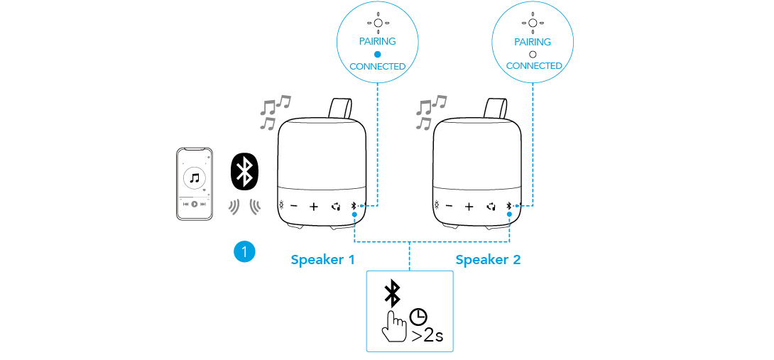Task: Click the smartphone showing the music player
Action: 195,184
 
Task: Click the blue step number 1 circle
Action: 244,251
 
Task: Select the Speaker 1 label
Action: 322,260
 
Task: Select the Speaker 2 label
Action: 488,260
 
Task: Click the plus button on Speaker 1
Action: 314,207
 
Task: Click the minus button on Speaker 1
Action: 295,207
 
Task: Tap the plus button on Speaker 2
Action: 469,207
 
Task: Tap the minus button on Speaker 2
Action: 449,207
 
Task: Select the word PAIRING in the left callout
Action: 377,42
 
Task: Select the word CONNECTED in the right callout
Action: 534,66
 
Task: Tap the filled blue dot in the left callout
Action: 378,54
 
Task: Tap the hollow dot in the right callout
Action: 533,54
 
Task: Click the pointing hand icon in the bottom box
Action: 392,326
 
